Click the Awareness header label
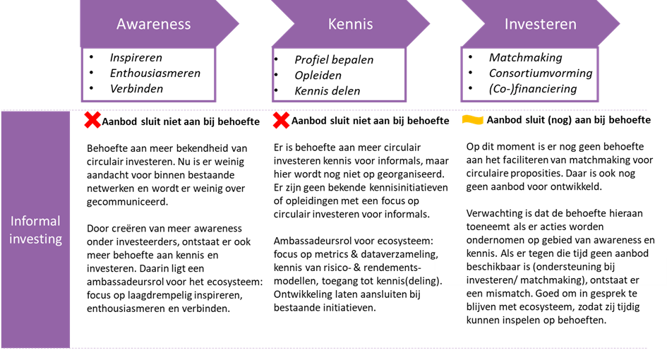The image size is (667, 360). tap(153, 24)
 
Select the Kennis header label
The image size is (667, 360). tap(350, 24)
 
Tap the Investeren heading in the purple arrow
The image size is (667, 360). tap(540, 24)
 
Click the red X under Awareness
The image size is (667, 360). tap(92, 120)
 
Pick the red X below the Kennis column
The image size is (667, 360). tap(281, 121)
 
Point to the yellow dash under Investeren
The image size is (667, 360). tap(472, 120)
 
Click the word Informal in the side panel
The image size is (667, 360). tap(35, 221)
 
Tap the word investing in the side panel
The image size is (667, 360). tap(35, 239)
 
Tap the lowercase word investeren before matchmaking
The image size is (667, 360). tap(491, 280)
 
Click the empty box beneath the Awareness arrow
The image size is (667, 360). tap(149, 75)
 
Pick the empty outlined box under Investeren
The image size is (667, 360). tap(529, 75)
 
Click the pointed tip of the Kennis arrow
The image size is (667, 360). tap(428, 25)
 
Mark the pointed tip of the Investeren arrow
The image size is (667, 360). tap(619, 25)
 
